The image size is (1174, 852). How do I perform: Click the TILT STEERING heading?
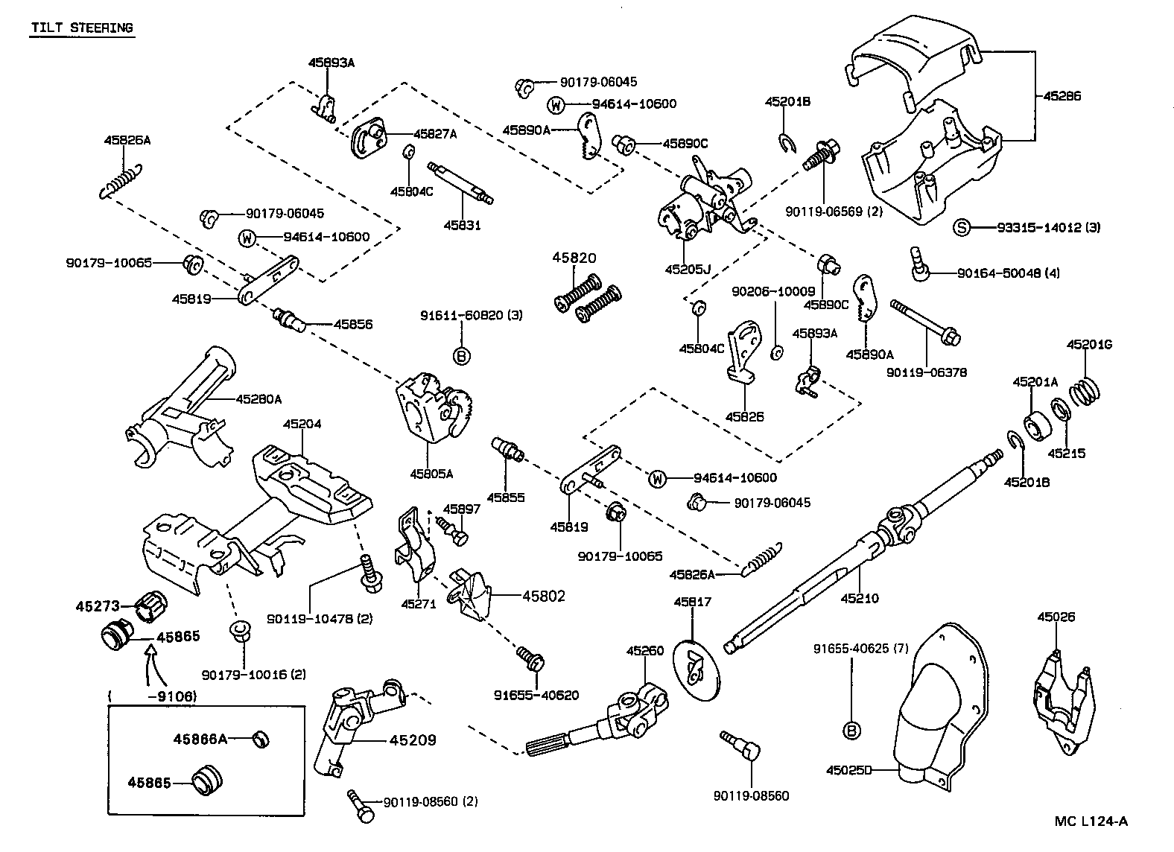pos(82,28)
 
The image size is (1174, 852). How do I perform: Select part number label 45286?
pos(1062,96)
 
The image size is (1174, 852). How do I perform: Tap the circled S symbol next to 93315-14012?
pos(962,227)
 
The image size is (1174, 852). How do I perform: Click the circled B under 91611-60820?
pos(462,356)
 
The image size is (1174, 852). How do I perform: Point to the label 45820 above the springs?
pos(574,258)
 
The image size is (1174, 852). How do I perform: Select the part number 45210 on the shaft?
pos(860,597)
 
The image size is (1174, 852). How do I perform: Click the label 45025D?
pos(848,770)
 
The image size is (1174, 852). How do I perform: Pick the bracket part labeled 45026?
pos(1061,696)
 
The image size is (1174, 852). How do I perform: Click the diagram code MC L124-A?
pos(1091,821)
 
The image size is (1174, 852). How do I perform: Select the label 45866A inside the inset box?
pos(200,739)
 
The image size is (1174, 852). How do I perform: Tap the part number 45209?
pos(412,740)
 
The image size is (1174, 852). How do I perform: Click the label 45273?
pos(97,606)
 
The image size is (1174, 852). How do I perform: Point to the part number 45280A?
pos(258,399)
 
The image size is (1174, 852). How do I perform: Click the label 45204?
pos(302,424)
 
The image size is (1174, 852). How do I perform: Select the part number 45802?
pos(544,596)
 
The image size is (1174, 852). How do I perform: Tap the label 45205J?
pos(688,269)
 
